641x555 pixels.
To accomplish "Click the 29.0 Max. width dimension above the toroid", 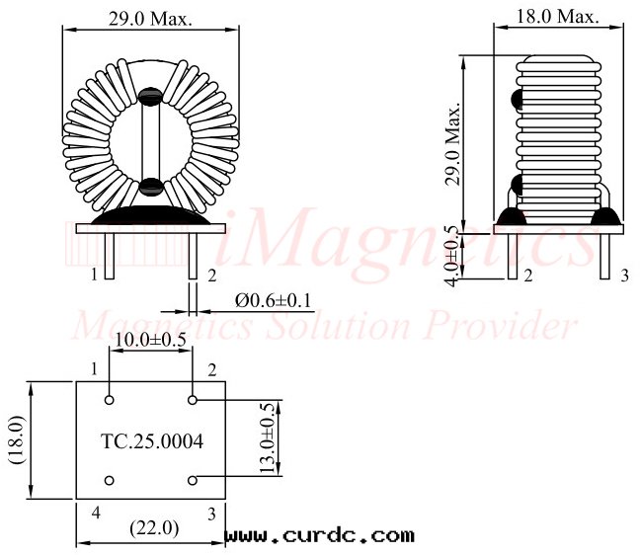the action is tap(150, 19).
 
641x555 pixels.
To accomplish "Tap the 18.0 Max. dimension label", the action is tap(558, 17).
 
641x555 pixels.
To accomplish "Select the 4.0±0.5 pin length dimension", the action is tap(453, 256).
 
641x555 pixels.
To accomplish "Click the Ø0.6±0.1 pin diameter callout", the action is tap(273, 301).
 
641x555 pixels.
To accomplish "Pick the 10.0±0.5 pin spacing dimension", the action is tap(150, 339).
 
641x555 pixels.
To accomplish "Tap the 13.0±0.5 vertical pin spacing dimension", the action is tap(269, 437).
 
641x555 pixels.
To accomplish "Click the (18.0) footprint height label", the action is tap(17, 440).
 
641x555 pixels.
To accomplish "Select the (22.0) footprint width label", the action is tap(154, 528).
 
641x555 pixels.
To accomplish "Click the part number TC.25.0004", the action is tap(152, 441).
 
